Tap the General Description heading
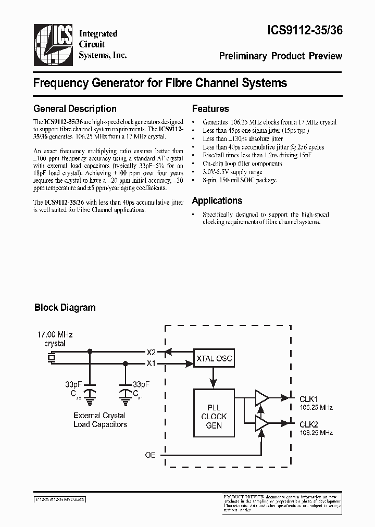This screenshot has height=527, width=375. (74, 109)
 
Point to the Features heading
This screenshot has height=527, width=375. (210, 109)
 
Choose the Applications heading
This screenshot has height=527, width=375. (217, 200)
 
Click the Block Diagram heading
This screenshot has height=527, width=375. (65, 307)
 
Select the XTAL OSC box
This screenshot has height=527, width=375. (214, 358)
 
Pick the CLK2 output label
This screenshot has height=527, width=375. (308, 423)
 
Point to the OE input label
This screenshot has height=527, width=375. (150, 455)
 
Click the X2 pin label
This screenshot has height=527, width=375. (151, 352)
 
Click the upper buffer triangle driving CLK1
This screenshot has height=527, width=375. (261, 398)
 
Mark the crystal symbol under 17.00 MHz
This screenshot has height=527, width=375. (51, 357)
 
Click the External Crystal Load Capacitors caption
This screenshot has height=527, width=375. (99, 420)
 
